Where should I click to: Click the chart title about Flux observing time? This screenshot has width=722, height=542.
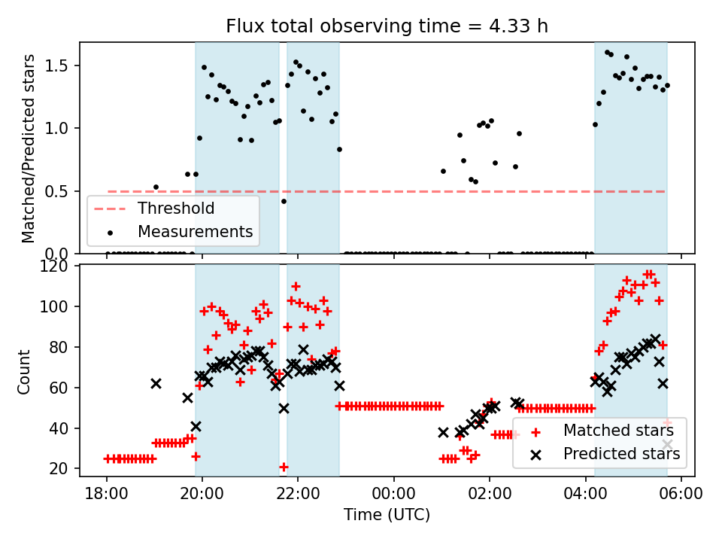[x=387, y=26]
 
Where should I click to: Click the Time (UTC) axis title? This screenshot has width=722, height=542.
[x=387, y=516]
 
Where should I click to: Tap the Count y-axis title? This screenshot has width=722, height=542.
[x=25, y=371]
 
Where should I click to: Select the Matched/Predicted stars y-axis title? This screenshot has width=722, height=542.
[x=29, y=148]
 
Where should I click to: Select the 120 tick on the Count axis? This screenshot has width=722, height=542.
[x=58, y=266]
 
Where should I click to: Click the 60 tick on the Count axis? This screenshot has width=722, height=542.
[x=61, y=388]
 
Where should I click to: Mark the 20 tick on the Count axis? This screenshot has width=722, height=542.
[x=61, y=469]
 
